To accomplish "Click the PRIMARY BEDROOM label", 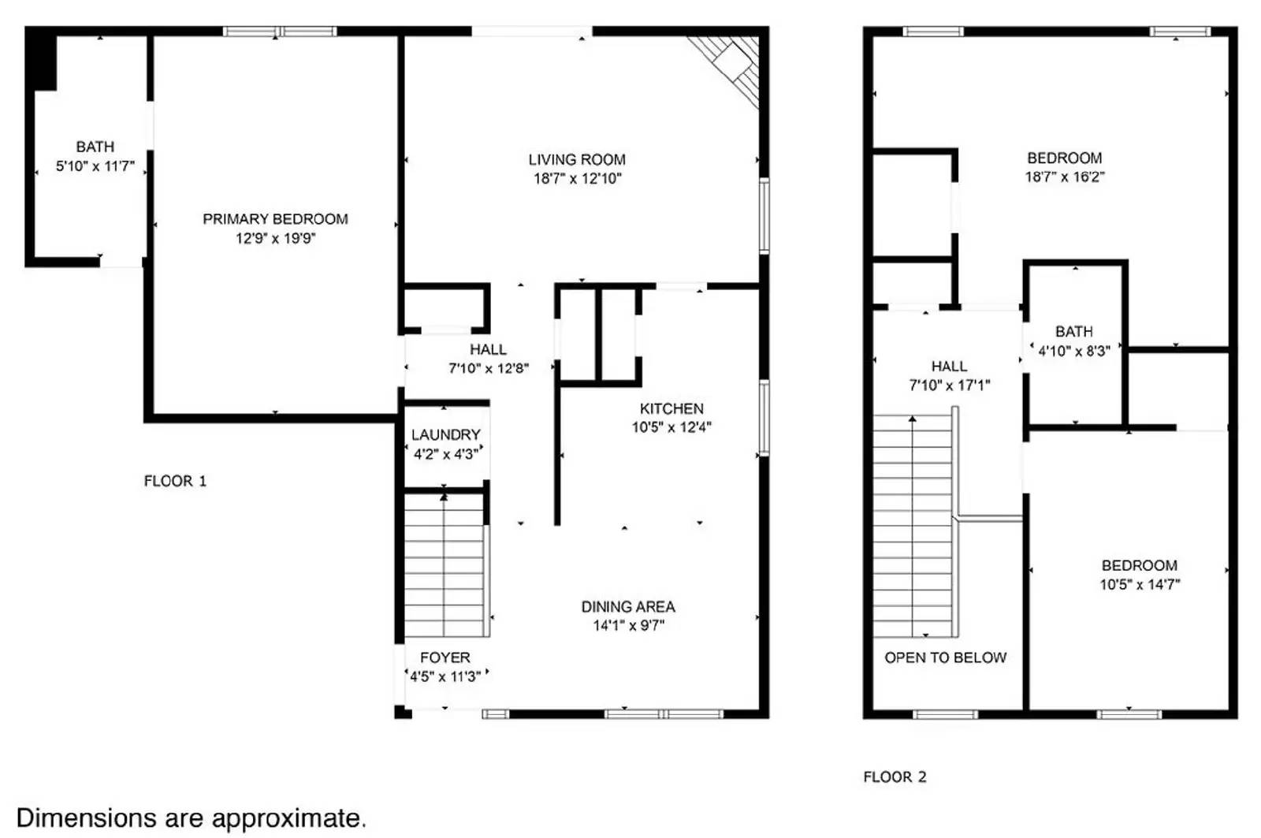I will (x=275, y=219).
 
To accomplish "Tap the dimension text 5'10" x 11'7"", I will (x=95, y=166).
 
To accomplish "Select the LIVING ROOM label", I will (x=577, y=159).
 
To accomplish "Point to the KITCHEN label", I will (x=671, y=408).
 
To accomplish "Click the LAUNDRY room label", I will (x=445, y=434).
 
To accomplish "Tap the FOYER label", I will (x=445, y=657).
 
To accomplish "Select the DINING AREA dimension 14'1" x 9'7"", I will (x=628, y=626).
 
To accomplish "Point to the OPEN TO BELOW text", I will (x=945, y=657).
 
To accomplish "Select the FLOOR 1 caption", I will (x=175, y=481).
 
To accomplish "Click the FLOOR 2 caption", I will (x=895, y=777).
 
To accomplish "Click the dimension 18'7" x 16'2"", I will (x=1064, y=177).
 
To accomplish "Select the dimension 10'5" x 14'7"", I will (x=1140, y=585).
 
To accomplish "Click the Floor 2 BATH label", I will (x=1074, y=332).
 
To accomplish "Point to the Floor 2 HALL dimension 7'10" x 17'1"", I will (x=949, y=385).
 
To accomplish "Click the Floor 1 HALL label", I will (x=488, y=349).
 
